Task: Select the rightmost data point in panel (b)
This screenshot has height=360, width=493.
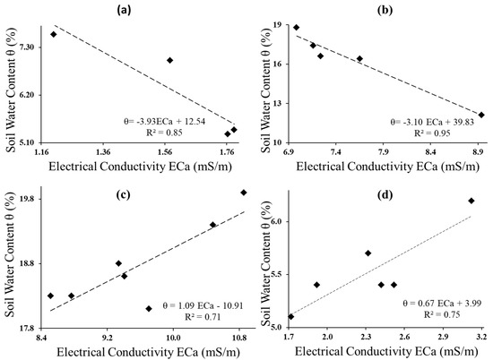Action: point(481,115)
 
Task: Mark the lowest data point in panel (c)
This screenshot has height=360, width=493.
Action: point(149,309)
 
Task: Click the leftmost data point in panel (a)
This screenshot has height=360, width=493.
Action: point(54,34)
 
